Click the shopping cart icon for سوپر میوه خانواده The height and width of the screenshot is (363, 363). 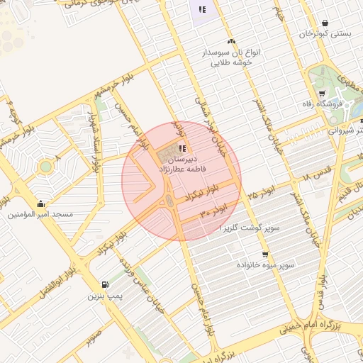[x=265, y=255]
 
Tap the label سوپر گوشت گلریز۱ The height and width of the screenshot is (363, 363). [x=250, y=228]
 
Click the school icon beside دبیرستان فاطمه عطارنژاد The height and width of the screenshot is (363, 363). [x=182, y=149]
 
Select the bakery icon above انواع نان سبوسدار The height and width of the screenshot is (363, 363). [x=231, y=43]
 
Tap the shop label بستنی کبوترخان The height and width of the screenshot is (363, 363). [x=325, y=33]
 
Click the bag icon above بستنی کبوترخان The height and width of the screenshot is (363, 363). [x=325, y=23]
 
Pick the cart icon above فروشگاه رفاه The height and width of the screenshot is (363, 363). [x=321, y=93]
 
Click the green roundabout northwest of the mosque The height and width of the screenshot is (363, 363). [x=46, y=167]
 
